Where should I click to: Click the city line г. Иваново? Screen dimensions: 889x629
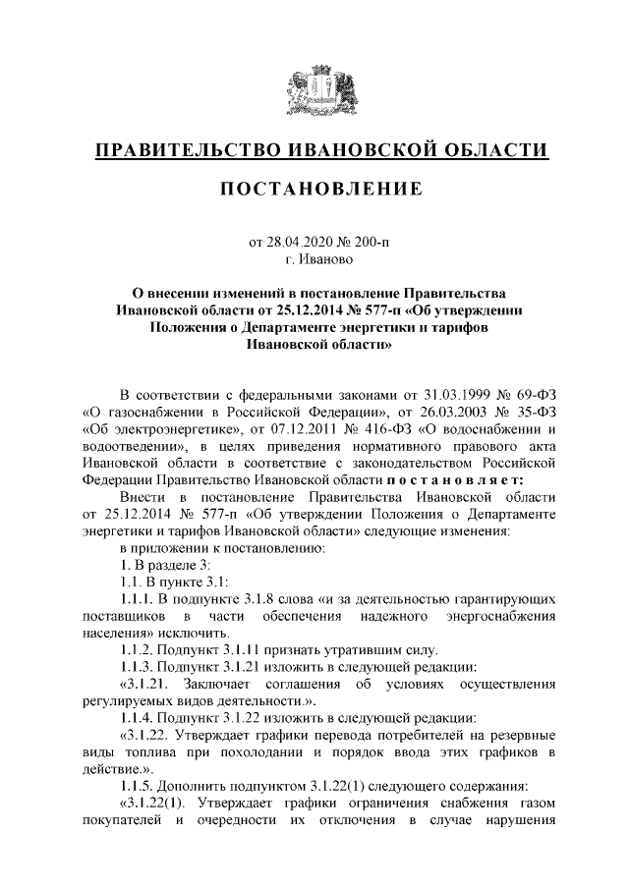pyautogui.click(x=314, y=260)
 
